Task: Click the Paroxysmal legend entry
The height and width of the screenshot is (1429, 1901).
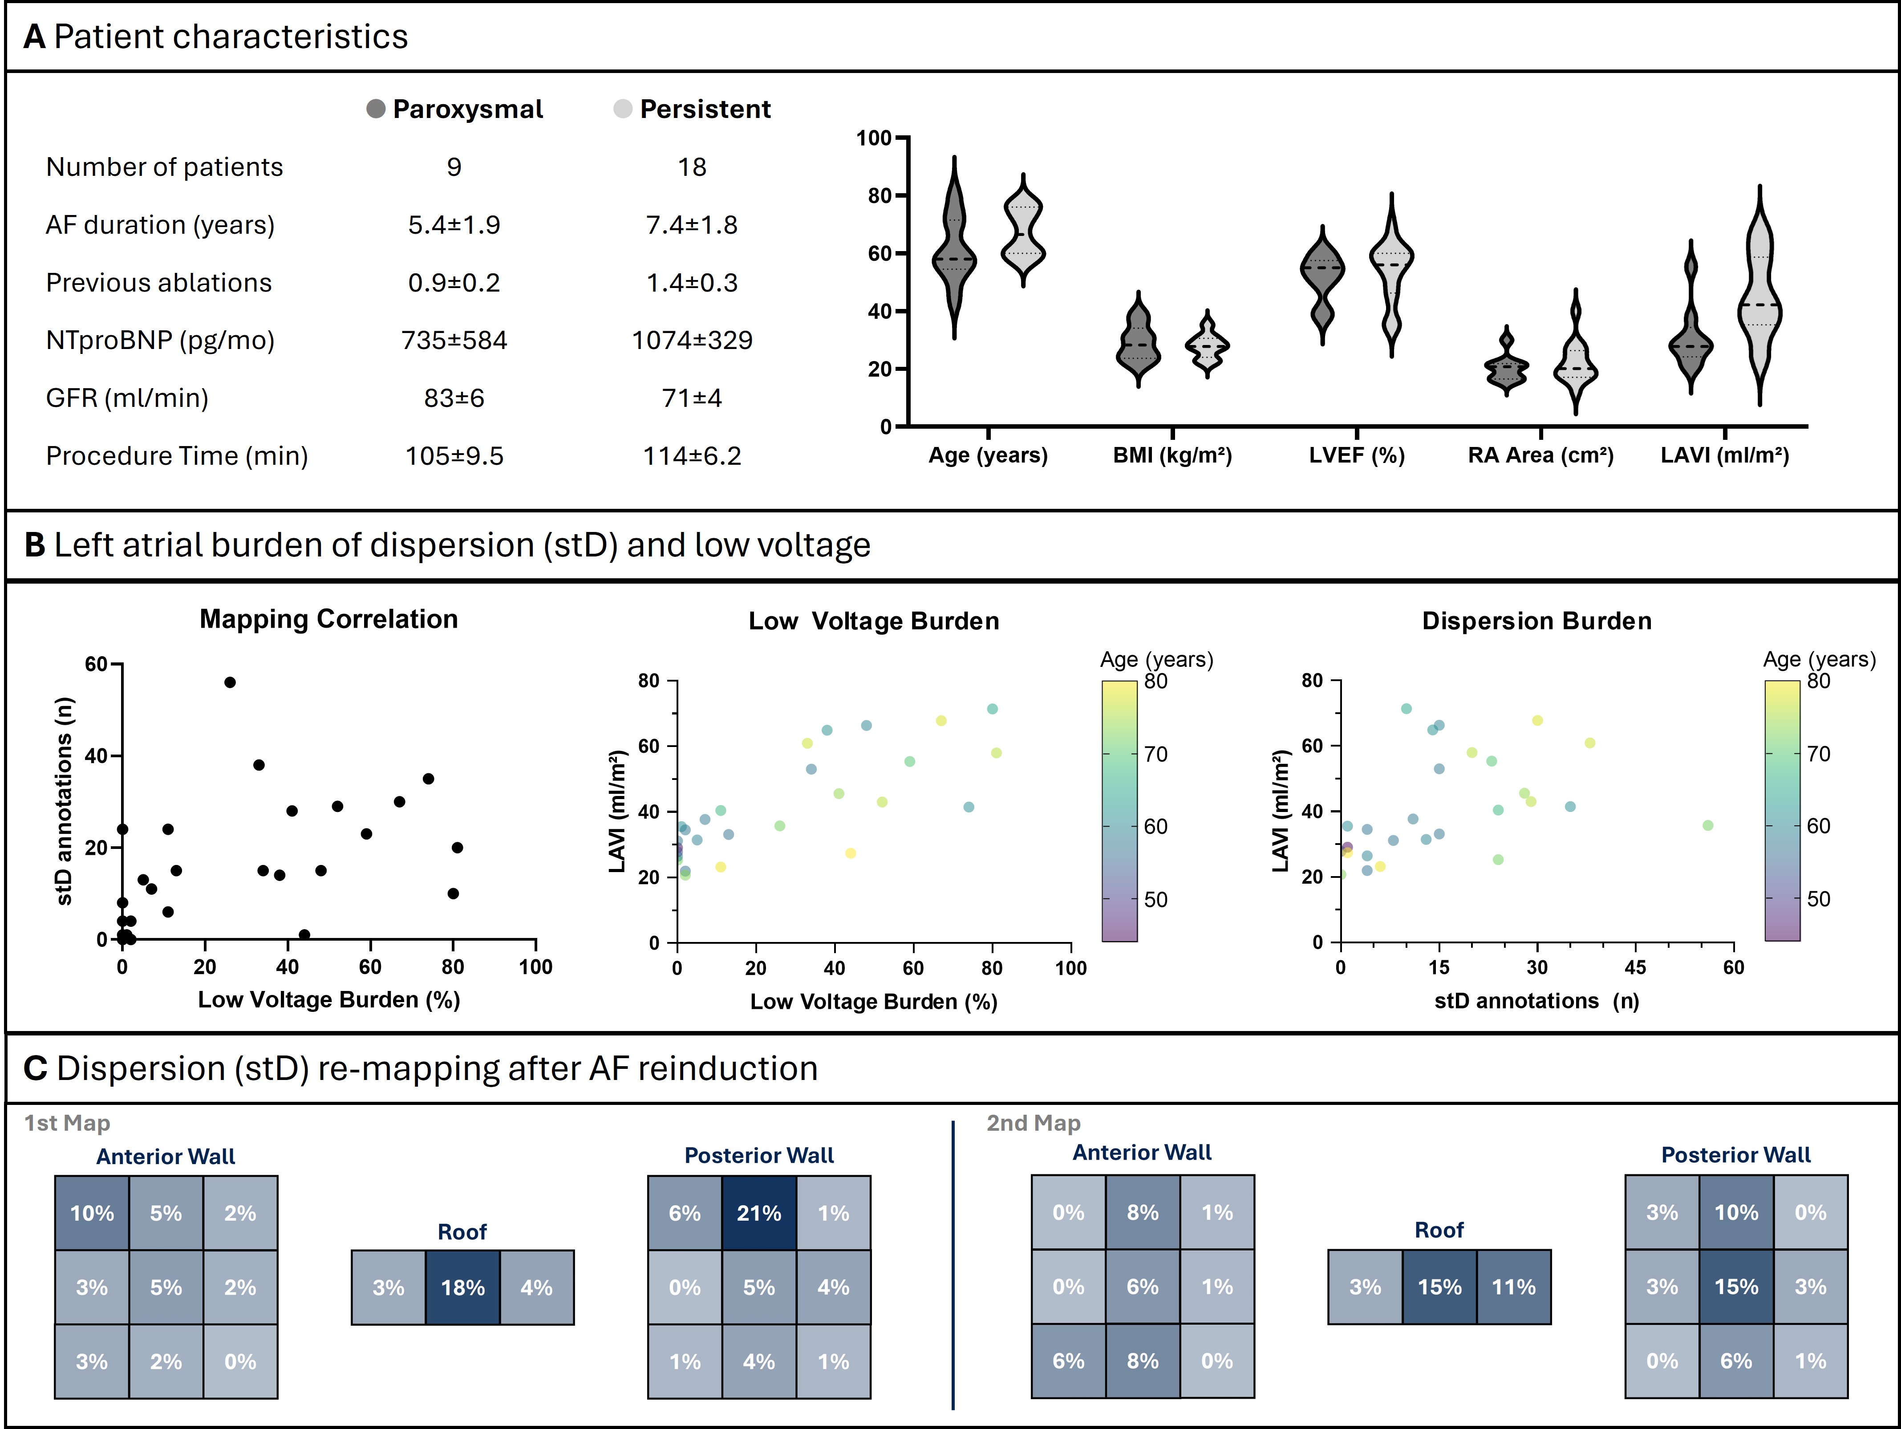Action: [x=455, y=109]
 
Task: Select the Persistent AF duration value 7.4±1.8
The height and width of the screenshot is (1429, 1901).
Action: [x=692, y=225]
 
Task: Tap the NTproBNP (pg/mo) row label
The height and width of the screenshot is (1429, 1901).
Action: [x=160, y=341]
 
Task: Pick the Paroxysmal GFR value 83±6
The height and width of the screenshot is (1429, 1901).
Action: [x=454, y=398]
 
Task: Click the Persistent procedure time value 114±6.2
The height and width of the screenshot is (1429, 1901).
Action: [x=692, y=456]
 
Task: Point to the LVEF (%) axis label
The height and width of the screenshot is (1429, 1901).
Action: [x=1356, y=456]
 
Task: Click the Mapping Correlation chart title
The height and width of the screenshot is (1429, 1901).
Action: [x=328, y=619]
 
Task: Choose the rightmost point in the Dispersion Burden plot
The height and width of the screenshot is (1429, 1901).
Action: [x=1708, y=825]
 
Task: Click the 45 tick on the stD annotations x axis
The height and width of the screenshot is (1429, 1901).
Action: [x=1634, y=967]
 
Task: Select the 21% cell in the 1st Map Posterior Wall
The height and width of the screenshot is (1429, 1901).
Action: [x=759, y=1213]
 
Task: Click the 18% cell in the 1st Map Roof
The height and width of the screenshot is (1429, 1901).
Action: [x=462, y=1287]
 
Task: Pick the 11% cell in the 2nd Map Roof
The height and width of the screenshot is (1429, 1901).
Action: [x=1513, y=1287]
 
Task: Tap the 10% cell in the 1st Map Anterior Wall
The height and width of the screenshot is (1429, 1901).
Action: [x=92, y=1213]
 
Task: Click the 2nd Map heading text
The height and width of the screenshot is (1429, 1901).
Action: [x=1033, y=1123]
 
